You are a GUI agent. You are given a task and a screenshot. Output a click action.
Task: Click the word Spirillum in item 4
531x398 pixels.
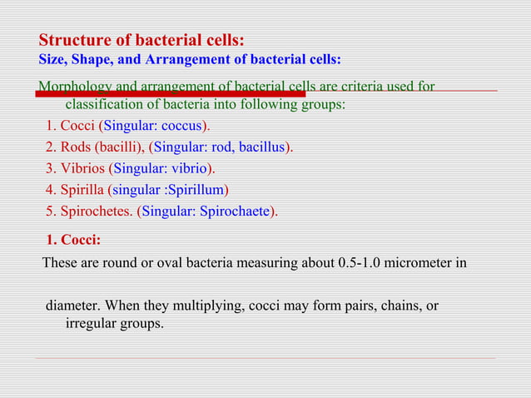(196, 190)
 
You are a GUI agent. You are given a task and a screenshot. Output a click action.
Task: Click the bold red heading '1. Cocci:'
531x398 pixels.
(74, 241)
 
